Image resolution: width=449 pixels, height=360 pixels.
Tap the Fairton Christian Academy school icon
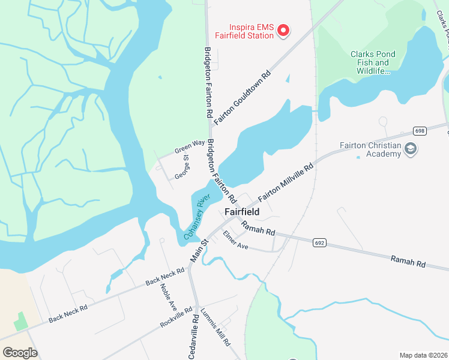pyautogui.click(x=411, y=149)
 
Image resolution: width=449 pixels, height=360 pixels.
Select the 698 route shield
pyautogui.click(x=419, y=131)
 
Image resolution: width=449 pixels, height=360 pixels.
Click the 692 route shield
pyautogui.click(x=319, y=242)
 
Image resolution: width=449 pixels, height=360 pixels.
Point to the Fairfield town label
pyautogui.click(x=242, y=212)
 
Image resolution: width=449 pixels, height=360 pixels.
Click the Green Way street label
pyautogui.click(x=190, y=146)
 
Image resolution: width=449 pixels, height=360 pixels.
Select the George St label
pyautogui.click(x=182, y=167)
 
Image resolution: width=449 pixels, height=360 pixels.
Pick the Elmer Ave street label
pyautogui.click(x=235, y=240)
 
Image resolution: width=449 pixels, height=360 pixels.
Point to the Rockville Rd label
pyautogui.click(x=176, y=318)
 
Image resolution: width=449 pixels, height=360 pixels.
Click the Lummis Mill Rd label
pyautogui.click(x=215, y=328)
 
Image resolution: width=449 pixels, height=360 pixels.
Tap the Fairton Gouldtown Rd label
pyautogui.click(x=242, y=98)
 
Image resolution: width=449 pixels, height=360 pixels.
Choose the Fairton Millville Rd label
pyautogui.click(x=286, y=182)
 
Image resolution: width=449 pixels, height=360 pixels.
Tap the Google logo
pyautogui.click(x=20, y=353)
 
